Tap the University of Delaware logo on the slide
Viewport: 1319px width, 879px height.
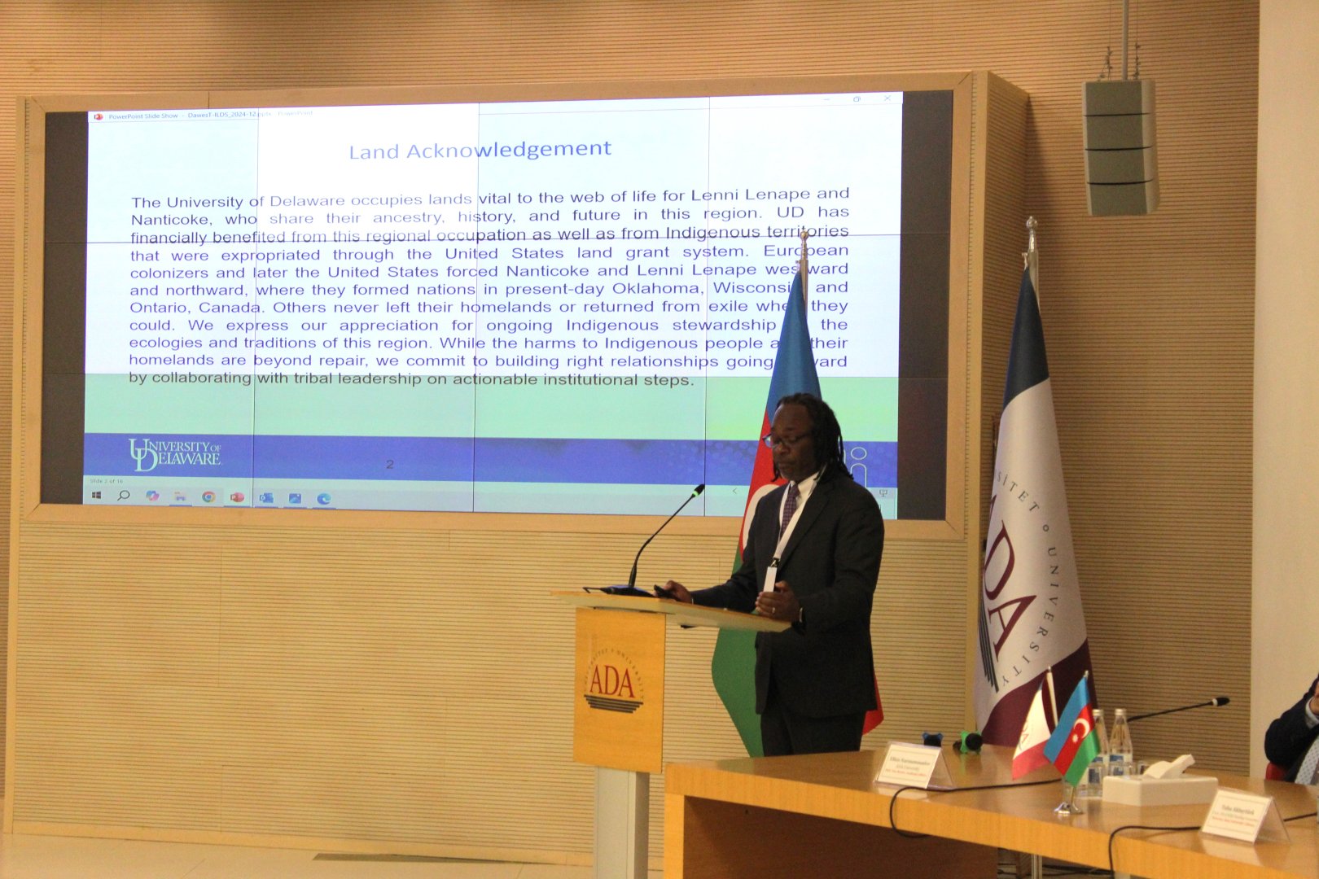[174, 455]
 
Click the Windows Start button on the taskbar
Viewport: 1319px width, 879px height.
[97, 495]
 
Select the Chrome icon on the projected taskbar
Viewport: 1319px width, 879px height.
[208, 496]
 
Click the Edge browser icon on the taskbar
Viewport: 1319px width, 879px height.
[323, 498]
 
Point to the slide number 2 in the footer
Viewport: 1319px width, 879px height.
[390, 464]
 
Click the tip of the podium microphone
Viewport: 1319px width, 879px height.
[698, 490]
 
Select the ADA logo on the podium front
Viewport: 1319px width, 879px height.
[613, 682]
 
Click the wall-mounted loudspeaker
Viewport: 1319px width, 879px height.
[1120, 146]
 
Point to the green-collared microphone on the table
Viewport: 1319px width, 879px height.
[968, 741]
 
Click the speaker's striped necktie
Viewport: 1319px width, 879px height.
[788, 508]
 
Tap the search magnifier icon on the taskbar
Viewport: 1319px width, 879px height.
[124, 495]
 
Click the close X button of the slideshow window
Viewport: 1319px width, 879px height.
[887, 98]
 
